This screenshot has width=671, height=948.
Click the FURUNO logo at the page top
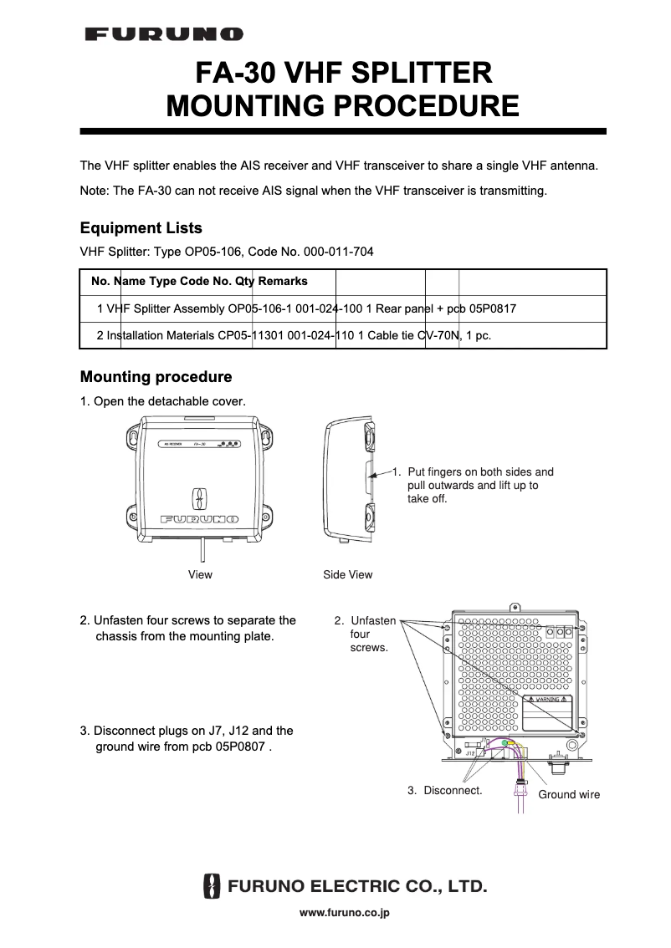[x=164, y=34]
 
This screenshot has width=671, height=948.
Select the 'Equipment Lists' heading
[x=141, y=228]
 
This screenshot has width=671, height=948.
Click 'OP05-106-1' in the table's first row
[x=259, y=308]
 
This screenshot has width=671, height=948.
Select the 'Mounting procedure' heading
[x=156, y=377]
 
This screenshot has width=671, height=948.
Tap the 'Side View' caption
[x=348, y=574]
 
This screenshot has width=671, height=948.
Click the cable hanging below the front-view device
[x=201, y=551]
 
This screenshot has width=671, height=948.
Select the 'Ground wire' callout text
[x=569, y=794]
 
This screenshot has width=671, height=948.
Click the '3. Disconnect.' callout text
[x=444, y=790]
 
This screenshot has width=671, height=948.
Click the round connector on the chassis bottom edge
[x=556, y=763]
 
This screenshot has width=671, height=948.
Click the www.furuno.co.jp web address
[x=345, y=913]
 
